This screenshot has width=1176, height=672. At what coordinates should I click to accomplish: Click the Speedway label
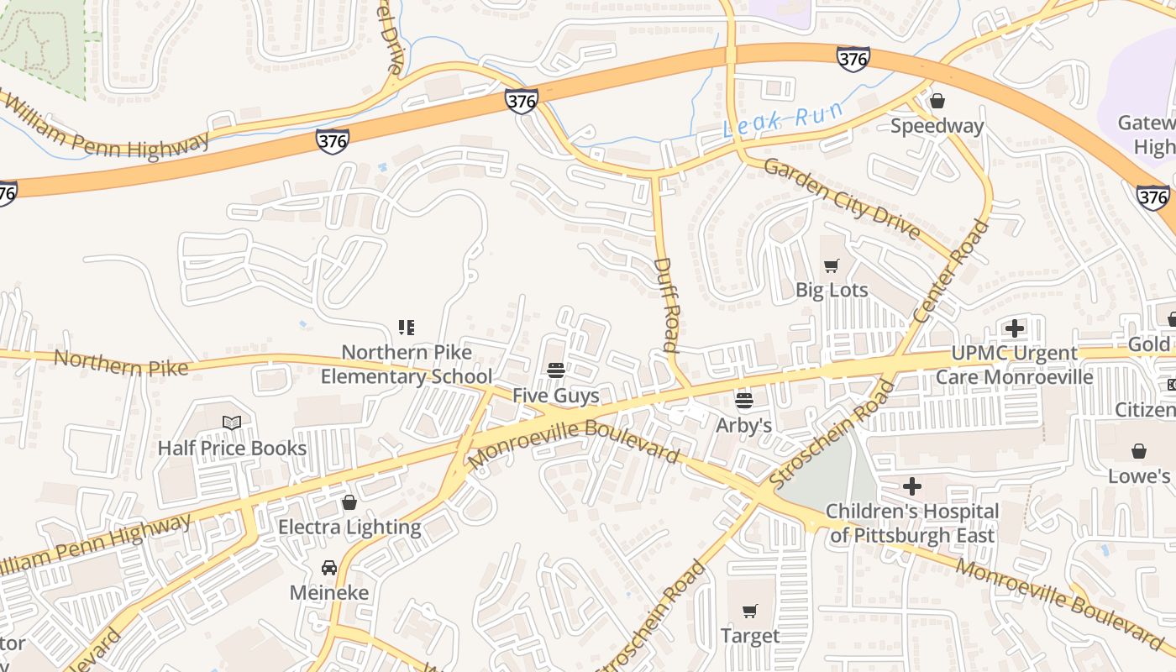937,126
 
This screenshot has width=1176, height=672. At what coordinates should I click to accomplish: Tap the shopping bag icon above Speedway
937,101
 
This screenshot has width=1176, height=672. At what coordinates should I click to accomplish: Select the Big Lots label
832,291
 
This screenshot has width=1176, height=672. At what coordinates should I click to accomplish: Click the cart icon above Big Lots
832,266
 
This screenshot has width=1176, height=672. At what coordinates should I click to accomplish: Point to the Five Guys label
556,396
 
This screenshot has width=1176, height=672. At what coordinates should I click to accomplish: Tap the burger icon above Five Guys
555,370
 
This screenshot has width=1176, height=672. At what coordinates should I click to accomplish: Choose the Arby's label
743,425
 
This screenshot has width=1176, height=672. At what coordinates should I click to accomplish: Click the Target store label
750,636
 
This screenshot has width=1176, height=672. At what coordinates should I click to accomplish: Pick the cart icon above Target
750,612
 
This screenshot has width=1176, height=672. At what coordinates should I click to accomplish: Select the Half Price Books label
232,448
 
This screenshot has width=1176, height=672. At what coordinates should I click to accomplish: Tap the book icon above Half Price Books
232,423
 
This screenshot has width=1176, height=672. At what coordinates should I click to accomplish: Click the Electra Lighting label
349,528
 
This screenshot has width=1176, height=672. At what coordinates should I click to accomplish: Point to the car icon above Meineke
329,568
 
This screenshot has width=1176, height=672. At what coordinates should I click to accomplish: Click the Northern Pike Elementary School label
407,364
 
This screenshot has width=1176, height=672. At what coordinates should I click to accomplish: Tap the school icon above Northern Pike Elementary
407,327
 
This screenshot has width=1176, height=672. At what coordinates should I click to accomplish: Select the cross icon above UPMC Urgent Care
1015,328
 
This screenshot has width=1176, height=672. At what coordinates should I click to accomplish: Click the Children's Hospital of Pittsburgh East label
912,523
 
